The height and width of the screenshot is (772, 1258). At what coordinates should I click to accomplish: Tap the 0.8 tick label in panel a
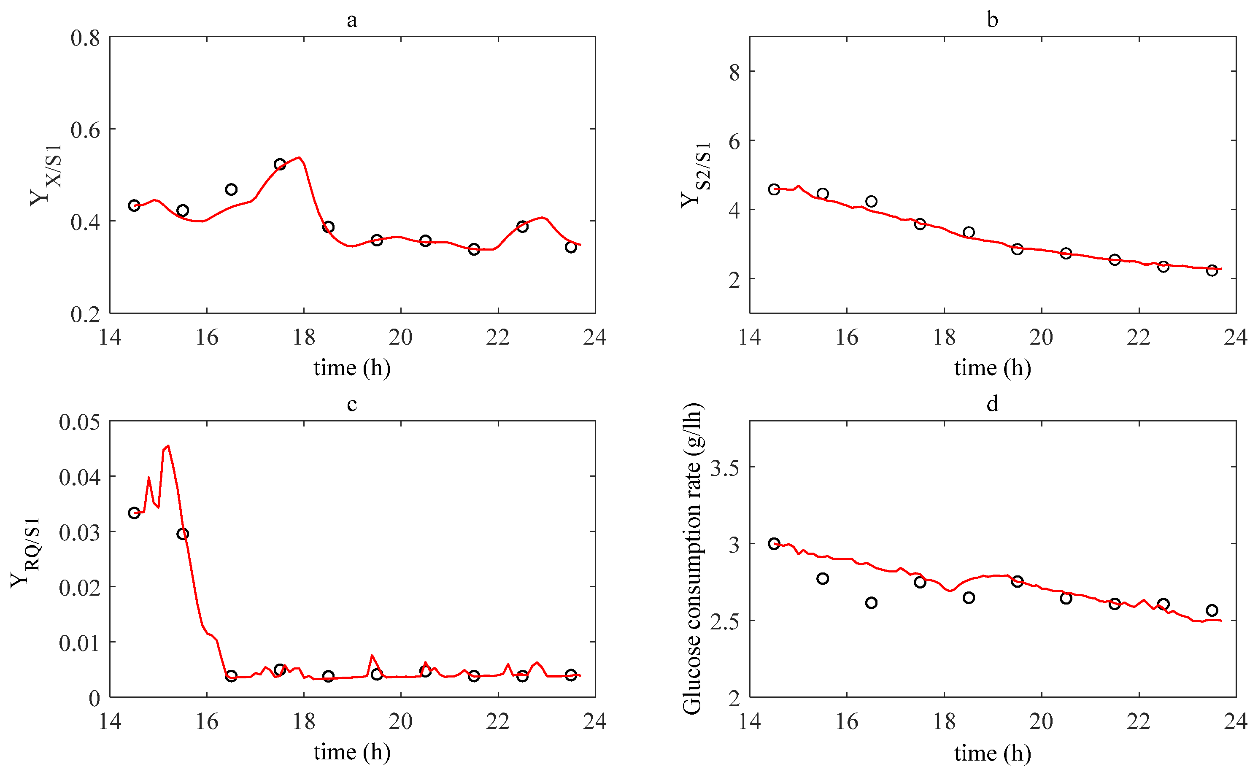pos(85,38)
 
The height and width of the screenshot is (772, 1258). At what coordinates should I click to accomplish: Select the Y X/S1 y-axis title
pos(46,175)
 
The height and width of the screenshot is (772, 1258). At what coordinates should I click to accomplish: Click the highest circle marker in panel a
pos(279,165)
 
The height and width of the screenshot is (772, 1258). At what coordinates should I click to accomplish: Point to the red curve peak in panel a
pos(299,157)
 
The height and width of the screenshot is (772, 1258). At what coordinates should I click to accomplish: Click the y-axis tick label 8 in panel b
pos(734,73)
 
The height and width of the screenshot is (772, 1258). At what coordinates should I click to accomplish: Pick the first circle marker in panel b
pos(774,189)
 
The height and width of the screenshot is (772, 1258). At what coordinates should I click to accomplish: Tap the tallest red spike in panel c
pos(168,446)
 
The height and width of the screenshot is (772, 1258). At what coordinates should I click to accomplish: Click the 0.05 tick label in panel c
pos(80,423)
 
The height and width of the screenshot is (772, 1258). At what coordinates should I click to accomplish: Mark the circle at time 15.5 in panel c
pos(182,534)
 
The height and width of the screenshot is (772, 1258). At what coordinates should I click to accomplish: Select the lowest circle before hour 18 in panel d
pos(871,603)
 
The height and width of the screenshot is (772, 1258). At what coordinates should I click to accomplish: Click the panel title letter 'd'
pos(992,405)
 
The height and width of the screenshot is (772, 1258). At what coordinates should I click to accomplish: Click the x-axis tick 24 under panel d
pos(1236,721)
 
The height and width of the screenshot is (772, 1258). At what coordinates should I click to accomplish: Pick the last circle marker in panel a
pos(571,247)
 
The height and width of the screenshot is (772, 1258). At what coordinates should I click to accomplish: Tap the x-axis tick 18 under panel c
pos(304,721)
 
